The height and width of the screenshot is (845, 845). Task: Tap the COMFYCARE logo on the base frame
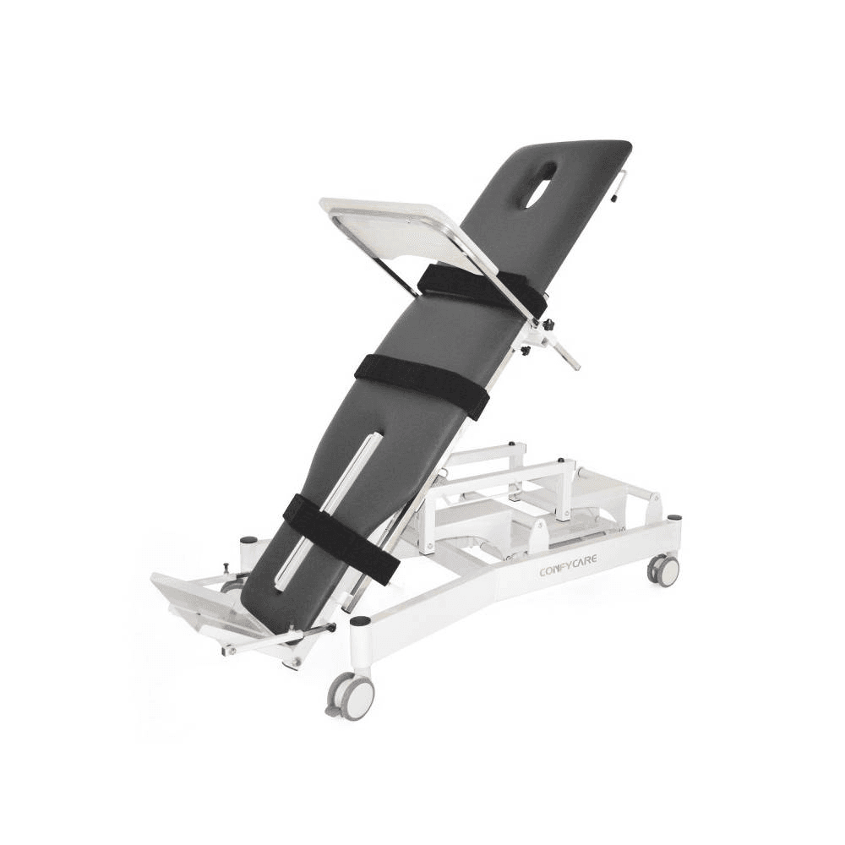tap(569, 570)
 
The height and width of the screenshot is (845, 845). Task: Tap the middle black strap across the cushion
tap(422, 385)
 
